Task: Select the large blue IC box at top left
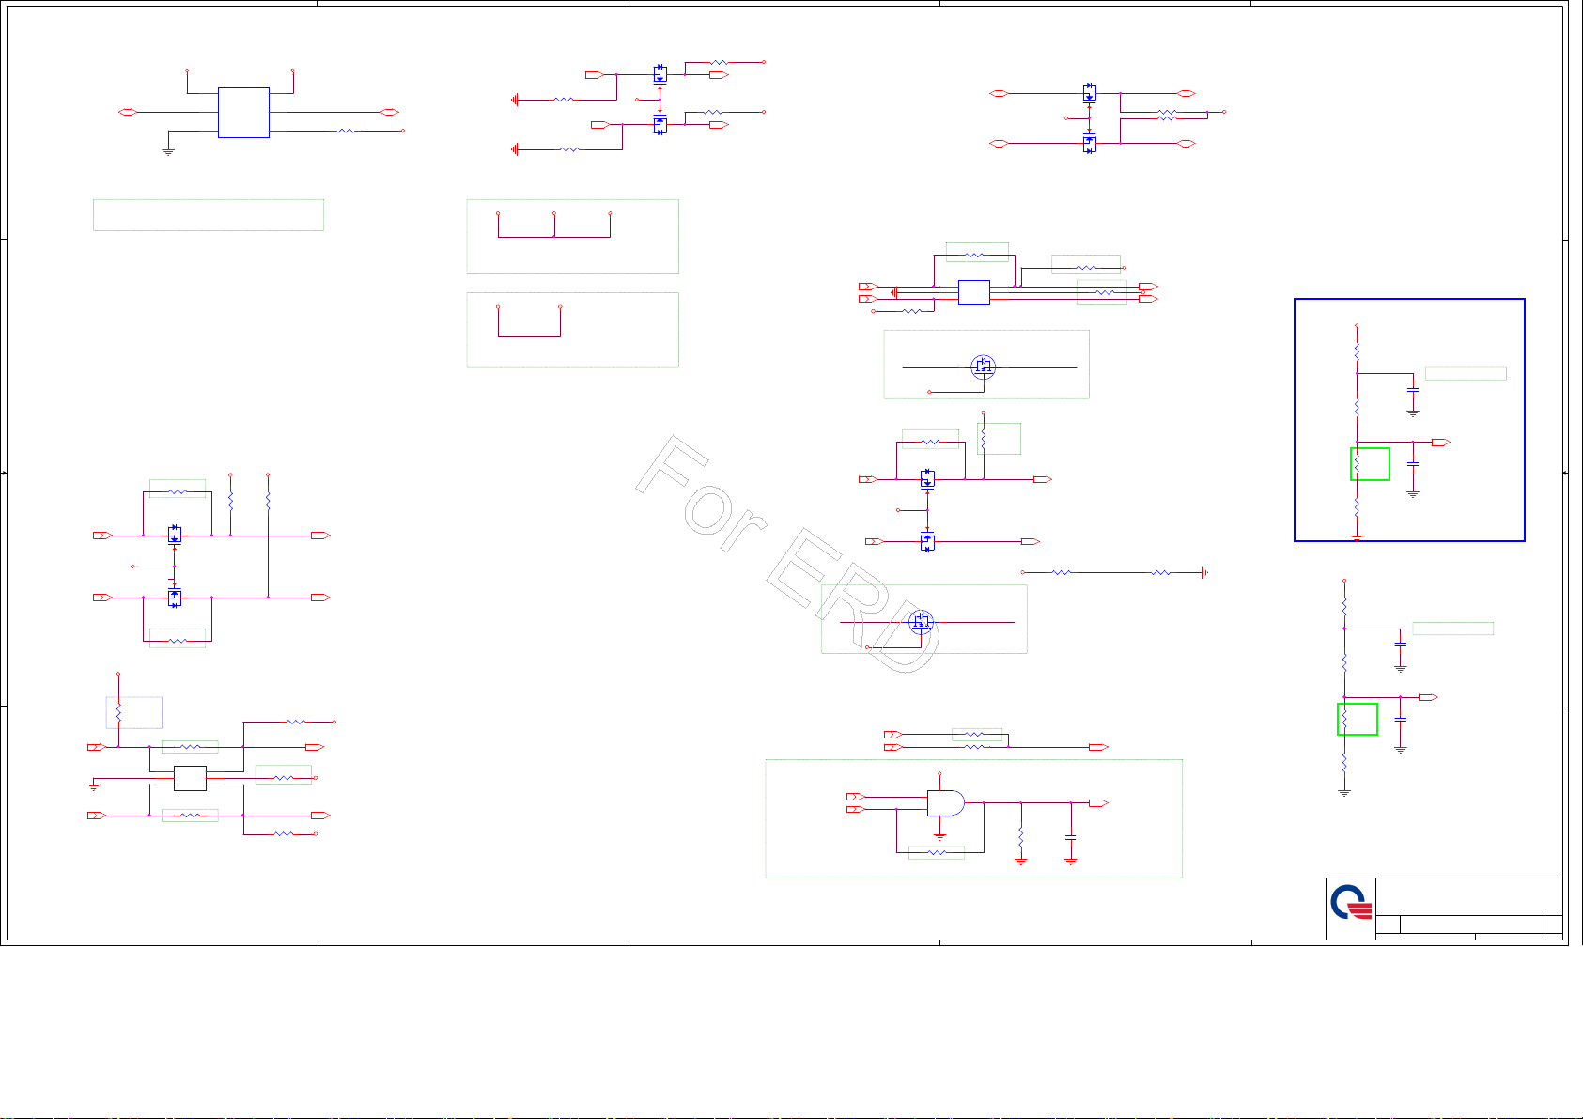click(x=243, y=113)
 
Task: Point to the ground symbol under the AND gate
click(x=939, y=835)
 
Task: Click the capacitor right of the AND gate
click(x=1071, y=836)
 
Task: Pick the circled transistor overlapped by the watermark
click(x=921, y=621)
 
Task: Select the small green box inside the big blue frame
click(x=1370, y=464)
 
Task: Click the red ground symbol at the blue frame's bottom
click(x=1357, y=537)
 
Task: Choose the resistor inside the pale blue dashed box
click(x=118, y=712)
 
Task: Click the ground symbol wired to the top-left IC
click(x=168, y=150)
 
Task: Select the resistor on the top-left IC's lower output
click(x=346, y=132)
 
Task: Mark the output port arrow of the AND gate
click(x=1097, y=803)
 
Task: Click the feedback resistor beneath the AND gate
click(x=937, y=853)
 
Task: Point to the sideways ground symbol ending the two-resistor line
click(x=1204, y=572)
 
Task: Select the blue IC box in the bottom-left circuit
click(x=190, y=779)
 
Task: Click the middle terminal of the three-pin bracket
click(x=554, y=215)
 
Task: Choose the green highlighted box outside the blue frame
click(x=1358, y=719)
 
